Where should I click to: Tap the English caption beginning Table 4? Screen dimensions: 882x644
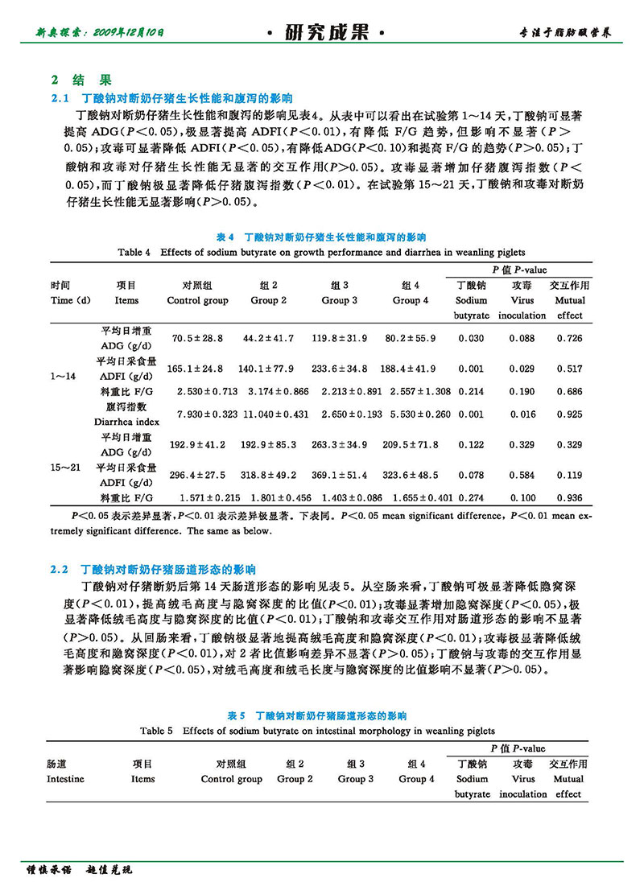[320, 253]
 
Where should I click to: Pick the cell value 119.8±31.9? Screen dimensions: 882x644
[340, 339]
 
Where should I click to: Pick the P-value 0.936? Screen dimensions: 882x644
[569, 499]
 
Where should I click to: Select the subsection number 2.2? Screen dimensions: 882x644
[62, 570]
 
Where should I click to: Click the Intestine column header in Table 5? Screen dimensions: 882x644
[65, 779]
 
